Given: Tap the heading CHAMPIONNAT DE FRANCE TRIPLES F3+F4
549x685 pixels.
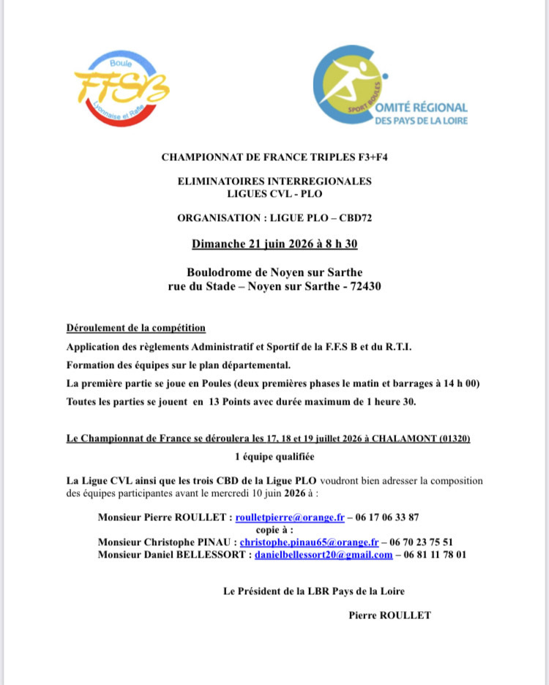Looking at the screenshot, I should pos(274,157).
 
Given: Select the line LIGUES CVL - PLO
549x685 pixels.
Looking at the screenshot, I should pos(274,193).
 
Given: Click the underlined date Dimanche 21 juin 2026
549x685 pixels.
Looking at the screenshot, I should pos(253,242).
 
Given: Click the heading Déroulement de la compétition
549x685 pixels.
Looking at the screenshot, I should pos(135,328).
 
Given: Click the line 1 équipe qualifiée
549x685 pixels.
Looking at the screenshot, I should pos(274,457).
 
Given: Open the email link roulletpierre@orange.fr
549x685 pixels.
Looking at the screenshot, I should pos(289,517).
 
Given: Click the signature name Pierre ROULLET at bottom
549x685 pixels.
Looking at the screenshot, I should pos(390,615).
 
